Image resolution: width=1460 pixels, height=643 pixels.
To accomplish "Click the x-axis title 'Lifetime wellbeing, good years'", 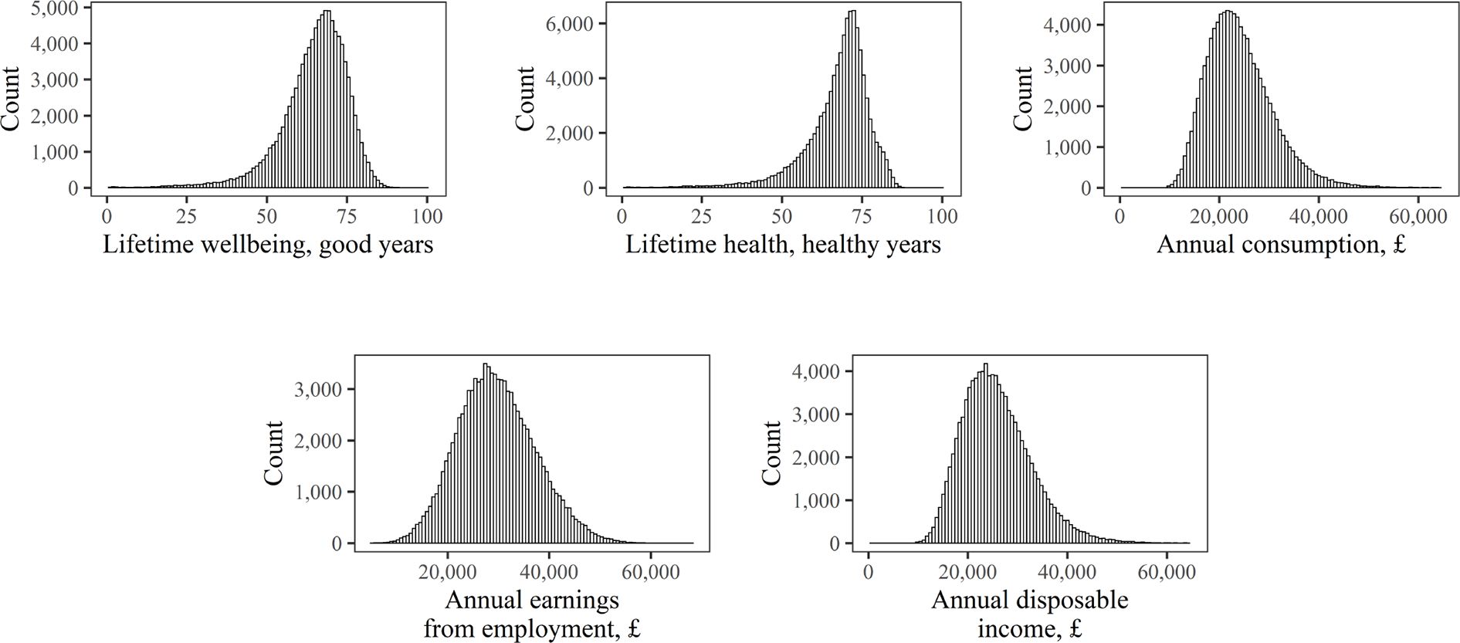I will pos(267,245).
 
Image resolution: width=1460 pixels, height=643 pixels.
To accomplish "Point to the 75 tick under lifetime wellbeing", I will pos(347,215).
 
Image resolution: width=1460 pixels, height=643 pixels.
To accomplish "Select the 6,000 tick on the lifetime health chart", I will pos(570,24).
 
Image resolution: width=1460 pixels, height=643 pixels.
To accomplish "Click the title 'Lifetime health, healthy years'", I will pos(783,245).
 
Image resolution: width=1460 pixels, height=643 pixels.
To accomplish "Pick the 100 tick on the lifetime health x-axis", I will pos(942,215).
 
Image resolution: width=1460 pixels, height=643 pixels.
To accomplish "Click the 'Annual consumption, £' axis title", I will pos(1281,245).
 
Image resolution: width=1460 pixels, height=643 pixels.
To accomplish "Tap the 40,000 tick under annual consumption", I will pos(1317,215).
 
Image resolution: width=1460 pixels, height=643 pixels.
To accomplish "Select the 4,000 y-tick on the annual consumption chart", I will pos(1068,25).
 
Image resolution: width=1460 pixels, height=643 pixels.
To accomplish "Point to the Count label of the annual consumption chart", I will pos(1023,98).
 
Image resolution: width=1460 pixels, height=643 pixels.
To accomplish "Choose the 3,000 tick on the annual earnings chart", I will pos(319,390).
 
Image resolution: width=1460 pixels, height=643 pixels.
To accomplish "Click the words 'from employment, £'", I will pos(532,629).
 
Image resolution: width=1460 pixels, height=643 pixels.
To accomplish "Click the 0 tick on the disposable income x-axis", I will pos(869,571).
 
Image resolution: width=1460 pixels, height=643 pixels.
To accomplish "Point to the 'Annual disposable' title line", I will pos(1029,600).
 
